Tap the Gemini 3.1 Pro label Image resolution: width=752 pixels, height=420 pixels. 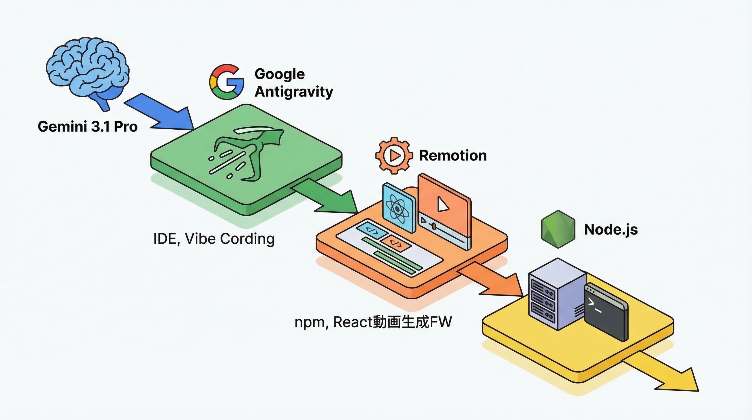tap(87, 127)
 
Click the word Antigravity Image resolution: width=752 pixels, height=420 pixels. tap(294, 92)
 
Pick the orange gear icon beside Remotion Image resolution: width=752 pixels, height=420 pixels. tap(394, 155)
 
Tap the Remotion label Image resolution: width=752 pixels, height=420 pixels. tap(453, 155)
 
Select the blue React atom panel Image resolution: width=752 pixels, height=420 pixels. tap(399, 207)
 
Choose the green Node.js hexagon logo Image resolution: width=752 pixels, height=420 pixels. tap(558, 229)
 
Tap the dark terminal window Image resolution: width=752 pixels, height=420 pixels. tap(606, 313)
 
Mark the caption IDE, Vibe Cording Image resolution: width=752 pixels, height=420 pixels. tap(214, 239)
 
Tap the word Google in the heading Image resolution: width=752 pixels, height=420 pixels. tap(279, 74)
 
